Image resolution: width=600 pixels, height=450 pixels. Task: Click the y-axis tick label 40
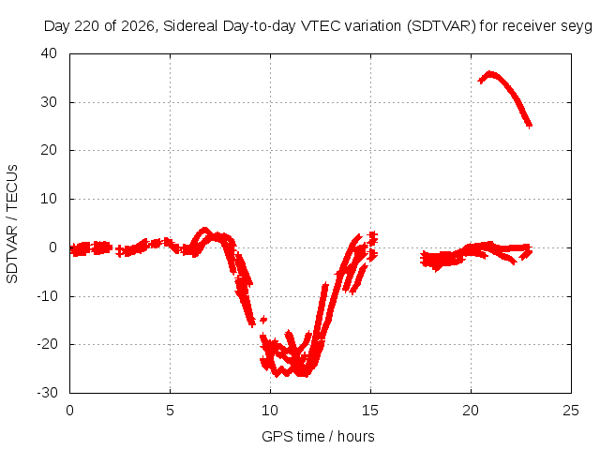[x=49, y=53]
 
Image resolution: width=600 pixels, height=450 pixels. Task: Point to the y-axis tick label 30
[x=49, y=102]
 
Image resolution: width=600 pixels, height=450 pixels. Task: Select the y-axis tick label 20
[x=49, y=150]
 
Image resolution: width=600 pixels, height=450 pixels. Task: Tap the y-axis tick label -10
[x=47, y=295]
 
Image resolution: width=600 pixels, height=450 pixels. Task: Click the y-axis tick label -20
[x=47, y=344]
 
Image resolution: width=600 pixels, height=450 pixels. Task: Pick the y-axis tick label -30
[x=47, y=393]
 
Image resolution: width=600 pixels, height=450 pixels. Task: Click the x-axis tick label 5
[x=170, y=411]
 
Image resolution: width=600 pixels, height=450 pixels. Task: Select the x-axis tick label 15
[x=370, y=411]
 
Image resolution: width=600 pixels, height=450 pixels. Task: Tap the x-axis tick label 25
[x=571, y=411]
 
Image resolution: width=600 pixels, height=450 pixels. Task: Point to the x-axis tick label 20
[x=471, y=411]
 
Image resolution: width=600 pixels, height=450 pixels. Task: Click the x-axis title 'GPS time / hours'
[x=318, y=437]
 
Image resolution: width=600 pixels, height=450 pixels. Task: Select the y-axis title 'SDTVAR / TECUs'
[x=12, y=224]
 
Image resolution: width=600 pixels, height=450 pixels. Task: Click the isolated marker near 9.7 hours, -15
[x=263, y=319]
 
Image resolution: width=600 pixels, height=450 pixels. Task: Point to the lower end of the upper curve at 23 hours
[x=529, y=125]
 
